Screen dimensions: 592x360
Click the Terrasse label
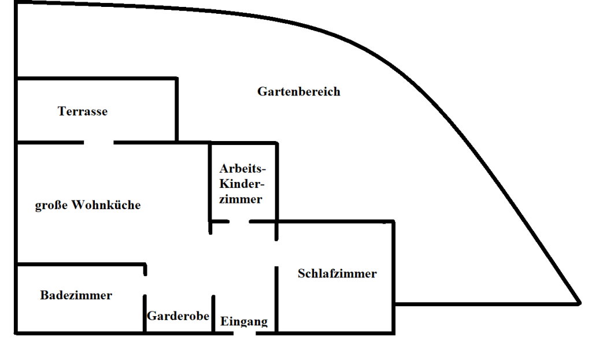[x=83, y=112]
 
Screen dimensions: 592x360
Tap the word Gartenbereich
[x=299, y=91]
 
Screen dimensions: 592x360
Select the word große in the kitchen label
[x=51, y=205]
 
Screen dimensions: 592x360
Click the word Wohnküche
[x=106, y=205]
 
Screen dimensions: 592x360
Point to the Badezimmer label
[x=76, y=295]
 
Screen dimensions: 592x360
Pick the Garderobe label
[x=178, y=316]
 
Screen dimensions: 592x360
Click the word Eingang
[x=244, y=321]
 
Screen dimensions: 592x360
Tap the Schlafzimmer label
[x=337, y=273]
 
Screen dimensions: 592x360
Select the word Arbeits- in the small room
[x=243, y=168]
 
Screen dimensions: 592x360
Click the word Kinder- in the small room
[x=242, y=184]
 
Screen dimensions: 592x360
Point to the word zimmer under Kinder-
[x=241, y=199]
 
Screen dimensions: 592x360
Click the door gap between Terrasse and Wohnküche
[x=98, y=142]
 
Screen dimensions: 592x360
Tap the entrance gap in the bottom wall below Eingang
[x=245, y=333]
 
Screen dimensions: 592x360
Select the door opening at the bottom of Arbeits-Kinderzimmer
[x=239, y=221]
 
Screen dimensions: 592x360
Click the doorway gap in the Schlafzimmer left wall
[x=276, y=254]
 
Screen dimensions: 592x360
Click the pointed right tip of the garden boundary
[x=580, y=303]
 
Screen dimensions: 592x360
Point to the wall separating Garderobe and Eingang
[x=213, y=314]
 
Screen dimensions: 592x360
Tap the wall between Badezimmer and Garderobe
[x=145, y=314]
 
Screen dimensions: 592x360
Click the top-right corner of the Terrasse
[x=177, y=79]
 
